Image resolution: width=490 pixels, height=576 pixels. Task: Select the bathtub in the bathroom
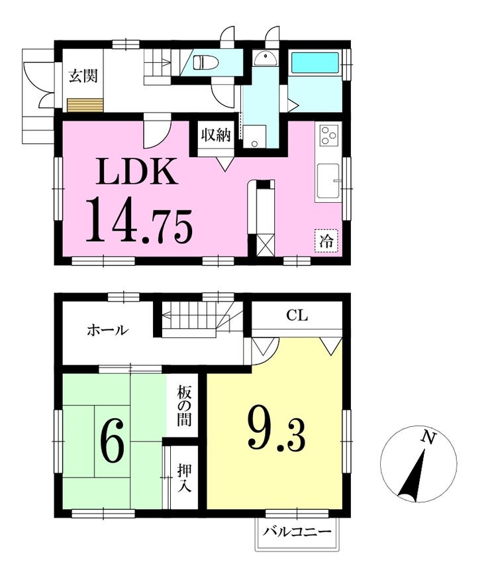[315, 62]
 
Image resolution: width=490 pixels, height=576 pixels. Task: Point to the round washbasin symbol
[266, 58]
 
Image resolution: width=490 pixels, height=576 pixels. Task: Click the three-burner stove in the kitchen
[328, 135]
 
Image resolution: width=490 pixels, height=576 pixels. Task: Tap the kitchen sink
[328, 181]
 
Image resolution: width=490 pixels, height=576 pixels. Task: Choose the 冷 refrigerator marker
[326, 241]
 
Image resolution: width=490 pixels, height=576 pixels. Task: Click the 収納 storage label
[215, 135]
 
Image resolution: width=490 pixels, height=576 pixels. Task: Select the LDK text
[137, 172]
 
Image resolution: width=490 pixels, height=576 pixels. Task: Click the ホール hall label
[107, 330]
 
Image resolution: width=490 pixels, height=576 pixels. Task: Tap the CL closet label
[297, 316]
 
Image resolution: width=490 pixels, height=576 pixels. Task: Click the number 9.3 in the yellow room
[277, 430]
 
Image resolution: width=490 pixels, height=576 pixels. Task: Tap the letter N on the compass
[428, 438]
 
